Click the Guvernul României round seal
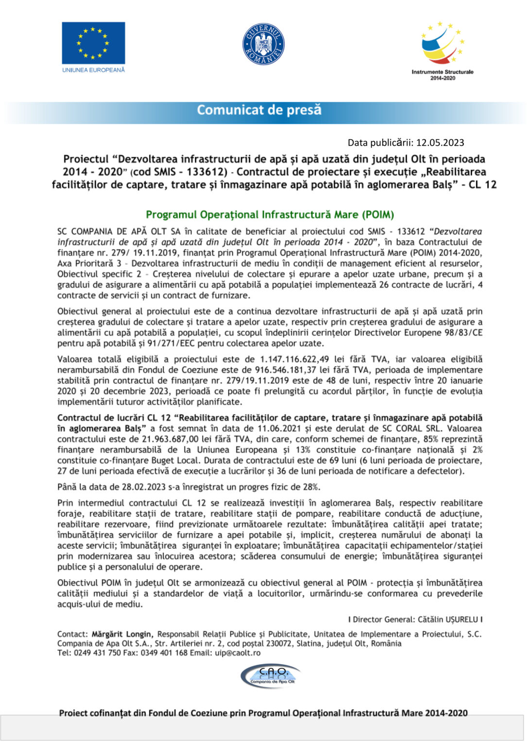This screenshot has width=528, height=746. [263, 44]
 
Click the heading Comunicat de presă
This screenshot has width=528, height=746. [259, 110]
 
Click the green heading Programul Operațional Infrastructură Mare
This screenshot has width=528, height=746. [270, 215]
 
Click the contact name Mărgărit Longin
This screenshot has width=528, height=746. [122, 634]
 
